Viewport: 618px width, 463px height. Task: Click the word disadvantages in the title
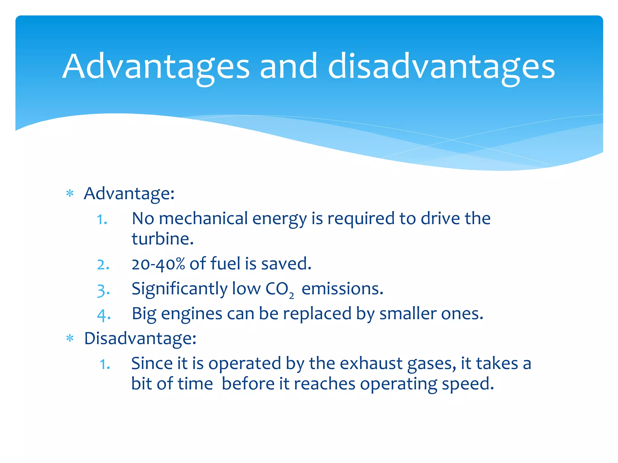tap(441, 67)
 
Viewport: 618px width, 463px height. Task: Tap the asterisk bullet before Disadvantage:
tap(70, 339)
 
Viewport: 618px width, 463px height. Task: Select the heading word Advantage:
tap(129, 193)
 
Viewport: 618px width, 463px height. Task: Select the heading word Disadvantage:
tap(140, 338)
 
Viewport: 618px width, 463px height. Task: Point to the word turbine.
tap(162, 239)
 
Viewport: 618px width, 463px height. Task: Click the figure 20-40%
tap(158, 264)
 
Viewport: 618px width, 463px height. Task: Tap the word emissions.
tap(342, 289)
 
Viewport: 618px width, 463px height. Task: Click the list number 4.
tap(104, 315)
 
